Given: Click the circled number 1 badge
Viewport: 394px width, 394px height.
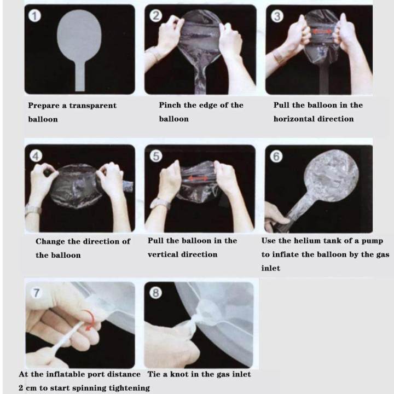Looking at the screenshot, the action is (34, 16).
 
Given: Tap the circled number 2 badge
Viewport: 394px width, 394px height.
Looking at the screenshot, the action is (156, 15).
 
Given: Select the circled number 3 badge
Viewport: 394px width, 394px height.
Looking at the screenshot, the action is (277, 16).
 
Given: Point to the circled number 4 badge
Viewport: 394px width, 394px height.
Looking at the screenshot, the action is (36, 156).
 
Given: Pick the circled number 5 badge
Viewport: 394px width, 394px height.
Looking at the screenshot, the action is (156, 156).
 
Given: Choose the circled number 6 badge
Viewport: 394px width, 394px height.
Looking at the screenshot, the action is (276, 156).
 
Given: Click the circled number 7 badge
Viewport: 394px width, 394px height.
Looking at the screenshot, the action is (37, 293).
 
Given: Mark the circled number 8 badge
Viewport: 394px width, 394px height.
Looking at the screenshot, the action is (155, 293).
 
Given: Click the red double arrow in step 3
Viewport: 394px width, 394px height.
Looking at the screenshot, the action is (322, 32).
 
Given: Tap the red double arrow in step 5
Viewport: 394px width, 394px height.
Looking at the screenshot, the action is (198, 178).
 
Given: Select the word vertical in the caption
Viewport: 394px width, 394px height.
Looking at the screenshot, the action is (162, 254).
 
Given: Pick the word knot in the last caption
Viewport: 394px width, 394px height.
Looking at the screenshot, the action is (179, 374).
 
